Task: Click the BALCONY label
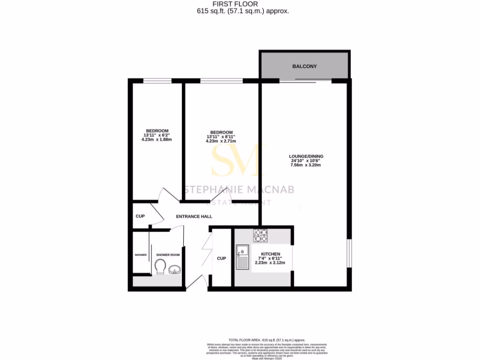[304, 67]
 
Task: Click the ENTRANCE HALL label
[194, 217]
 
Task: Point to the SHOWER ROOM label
[168, 255]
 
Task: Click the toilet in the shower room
[159, 267]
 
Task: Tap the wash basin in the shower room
[174, 270]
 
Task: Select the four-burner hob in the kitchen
[260, 235]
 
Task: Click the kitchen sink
[242, 257]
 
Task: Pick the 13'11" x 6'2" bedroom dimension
[157, 135]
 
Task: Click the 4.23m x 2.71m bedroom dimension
[221, 141]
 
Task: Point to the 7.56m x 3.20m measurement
[307, 165]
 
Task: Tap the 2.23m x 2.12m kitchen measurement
[270, 263]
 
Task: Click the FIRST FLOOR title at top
[241, 4]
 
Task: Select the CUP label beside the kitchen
[221, 258]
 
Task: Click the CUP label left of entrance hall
[140, 217]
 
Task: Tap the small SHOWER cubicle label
[141, 255]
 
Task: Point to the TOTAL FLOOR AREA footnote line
[266, 340]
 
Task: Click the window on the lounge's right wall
[349, 254]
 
